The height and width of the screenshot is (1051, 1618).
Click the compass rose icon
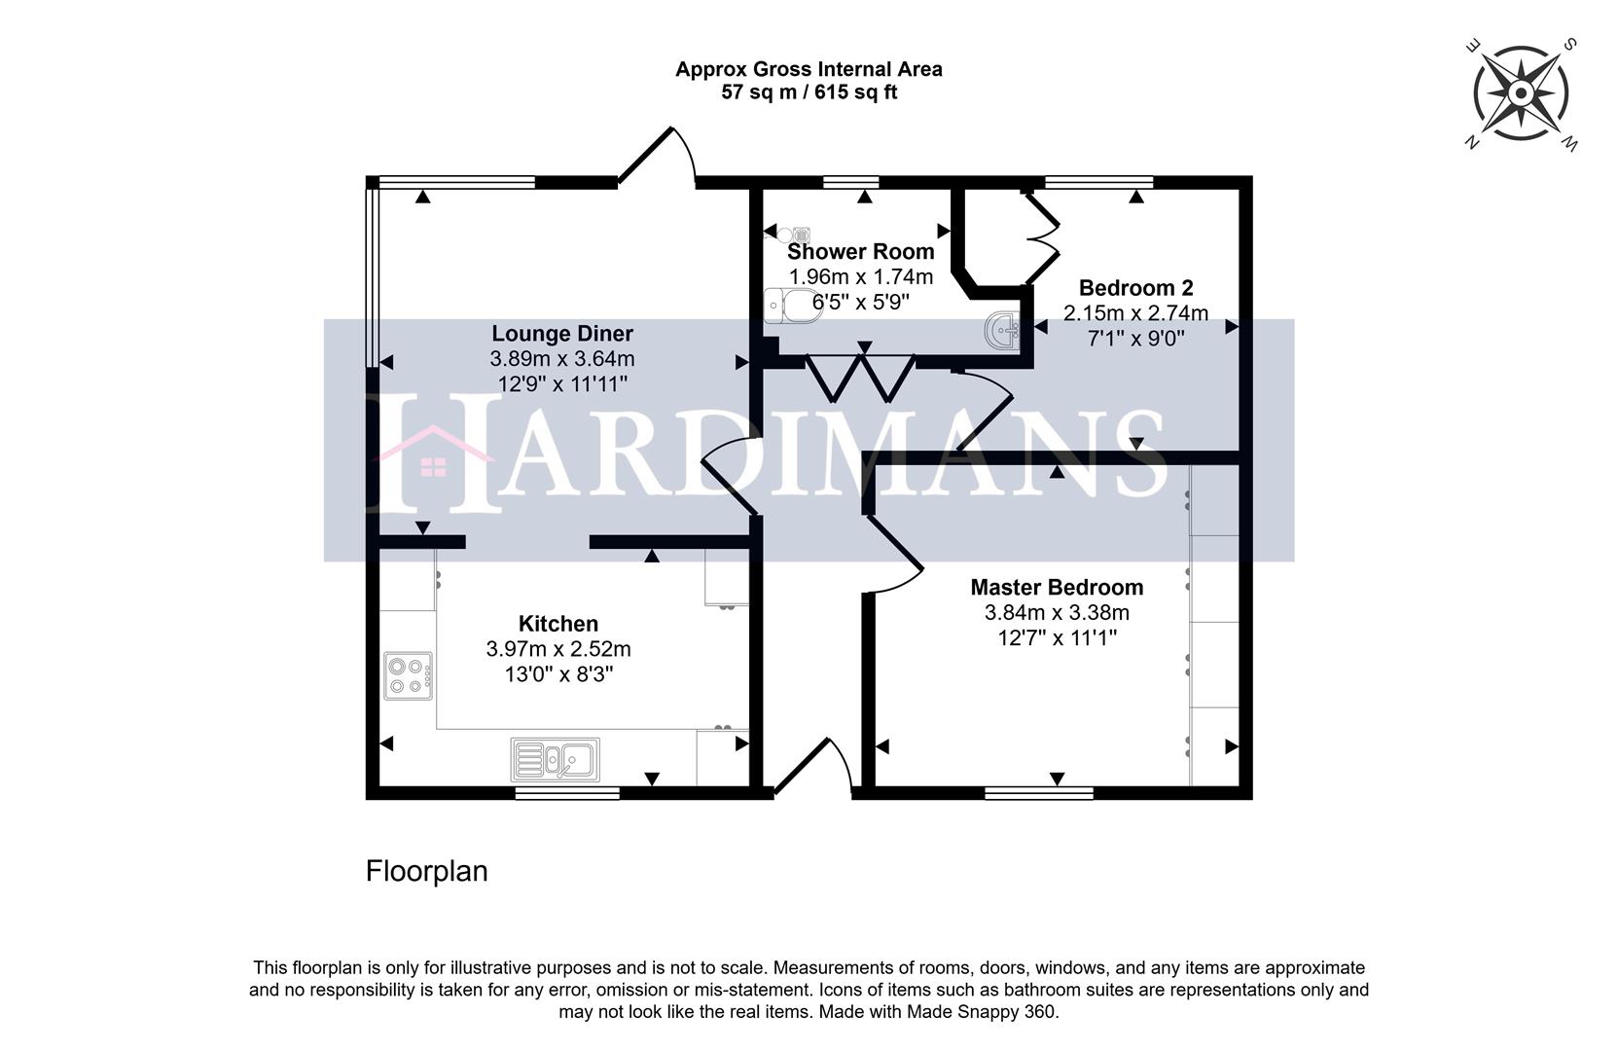click(x=1520, y=94)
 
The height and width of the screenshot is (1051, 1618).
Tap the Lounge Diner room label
click(x=561, y=334)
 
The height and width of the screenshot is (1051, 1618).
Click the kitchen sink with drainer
click(x=556, y=758)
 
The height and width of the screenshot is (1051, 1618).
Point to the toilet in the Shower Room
click(x=790, y=306)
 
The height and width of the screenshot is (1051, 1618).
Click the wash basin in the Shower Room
click(x=1002, y=330)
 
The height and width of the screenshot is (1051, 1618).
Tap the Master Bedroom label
click(x=1057, y=588)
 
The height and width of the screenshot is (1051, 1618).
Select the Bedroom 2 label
click(x=1135, y=288)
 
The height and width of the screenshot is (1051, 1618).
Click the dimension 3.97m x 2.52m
click(x=558, y=649)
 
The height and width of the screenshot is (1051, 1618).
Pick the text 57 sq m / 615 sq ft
click(x=809, y=93)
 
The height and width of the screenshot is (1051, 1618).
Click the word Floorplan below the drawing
click(x=426, y=871)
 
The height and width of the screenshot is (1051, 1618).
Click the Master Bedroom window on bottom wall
click(x=1039, y=794)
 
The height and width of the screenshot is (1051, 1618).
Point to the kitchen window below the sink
click(x=567, y=794)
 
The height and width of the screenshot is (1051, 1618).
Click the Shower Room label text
click(x=860, y=252)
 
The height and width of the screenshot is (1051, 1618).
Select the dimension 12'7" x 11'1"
click(x=1057, y=638)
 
